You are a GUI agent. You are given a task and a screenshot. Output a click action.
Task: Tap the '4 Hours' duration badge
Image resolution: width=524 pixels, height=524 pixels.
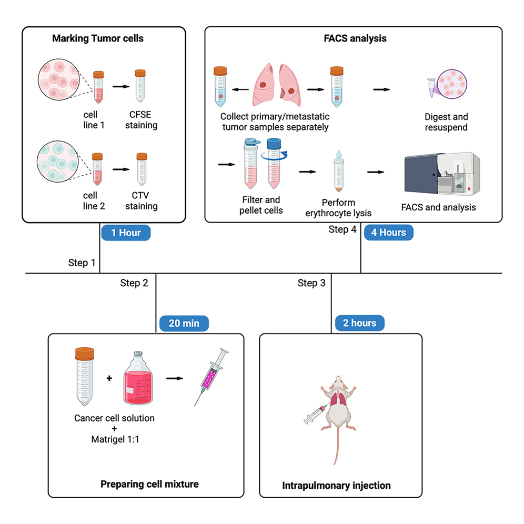click(388, 233)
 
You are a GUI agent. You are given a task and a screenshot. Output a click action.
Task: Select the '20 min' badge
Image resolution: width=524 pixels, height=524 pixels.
click(184, 323)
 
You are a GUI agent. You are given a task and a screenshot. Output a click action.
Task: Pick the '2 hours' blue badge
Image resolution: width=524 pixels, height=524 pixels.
click(360, 323)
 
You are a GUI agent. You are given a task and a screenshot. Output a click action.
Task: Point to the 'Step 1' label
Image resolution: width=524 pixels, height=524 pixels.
click(82, 263)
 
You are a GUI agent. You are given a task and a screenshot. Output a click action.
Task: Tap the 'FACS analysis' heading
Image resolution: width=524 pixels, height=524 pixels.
click(362, 39)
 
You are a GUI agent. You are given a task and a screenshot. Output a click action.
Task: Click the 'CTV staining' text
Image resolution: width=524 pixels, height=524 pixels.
click(141, 201)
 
